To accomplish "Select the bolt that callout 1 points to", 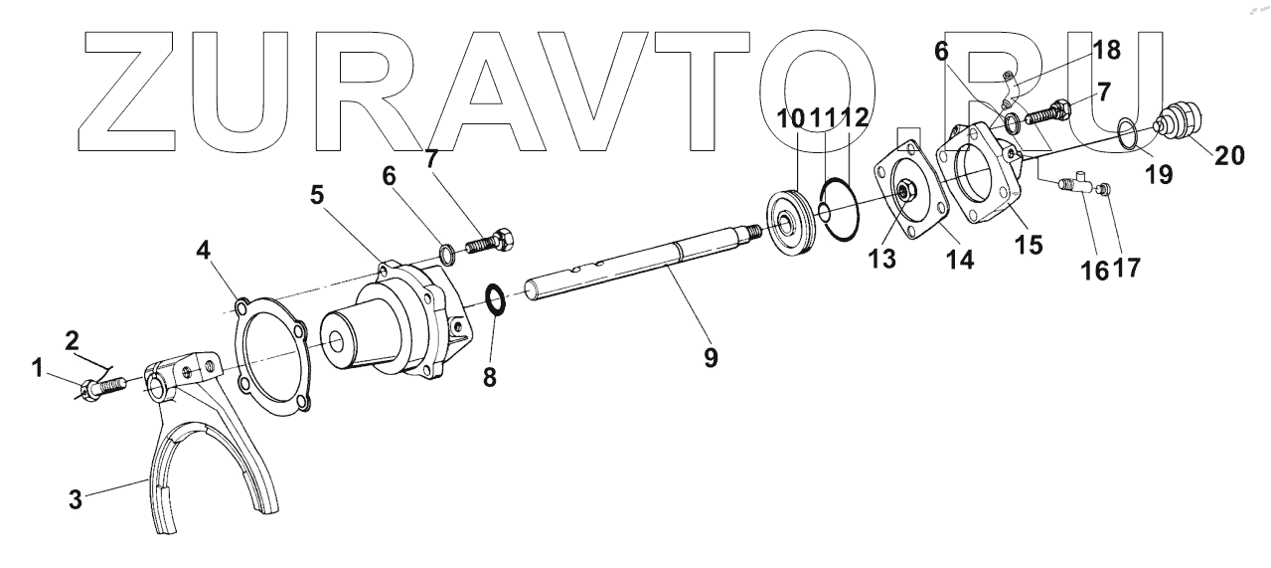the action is click(103, 385).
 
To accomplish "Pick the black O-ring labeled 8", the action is click(494, 297).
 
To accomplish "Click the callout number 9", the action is click(711, 356).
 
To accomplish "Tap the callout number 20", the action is click(1228, 154).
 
